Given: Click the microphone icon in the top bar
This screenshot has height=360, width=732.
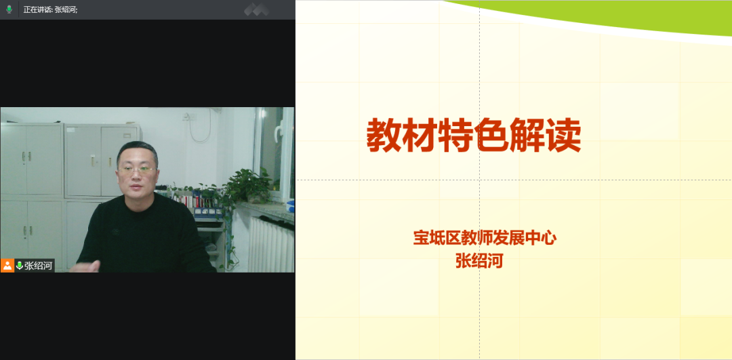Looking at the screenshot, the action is (x=9, y=9).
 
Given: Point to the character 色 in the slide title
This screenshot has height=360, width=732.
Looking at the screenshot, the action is (x=491, y=135).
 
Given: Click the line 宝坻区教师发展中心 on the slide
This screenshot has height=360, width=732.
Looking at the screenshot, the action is (x=485, y=238).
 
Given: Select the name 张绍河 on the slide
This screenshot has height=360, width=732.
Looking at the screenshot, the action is (x=479, y=260).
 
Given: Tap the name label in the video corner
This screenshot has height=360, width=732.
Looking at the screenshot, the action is (x=38, y=266).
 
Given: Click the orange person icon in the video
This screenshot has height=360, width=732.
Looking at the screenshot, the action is (x=7, y=266).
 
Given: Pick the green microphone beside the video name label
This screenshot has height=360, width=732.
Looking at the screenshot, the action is (x=20, y=266).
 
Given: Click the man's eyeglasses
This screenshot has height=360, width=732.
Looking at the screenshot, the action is (x=136, y=169).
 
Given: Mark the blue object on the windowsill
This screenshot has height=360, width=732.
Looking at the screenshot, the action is (x=290, y=205).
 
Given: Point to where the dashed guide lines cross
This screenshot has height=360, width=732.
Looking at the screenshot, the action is (x=479, y=180).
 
